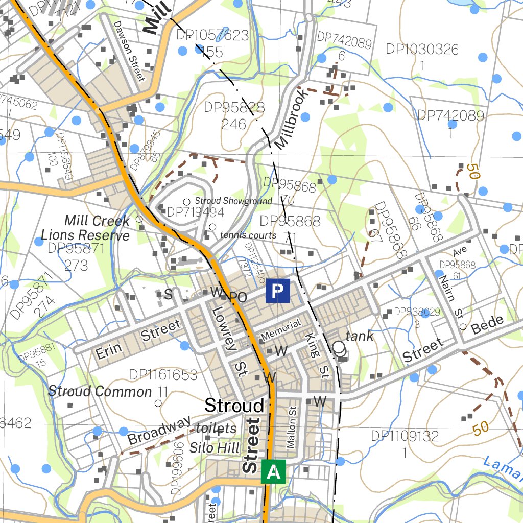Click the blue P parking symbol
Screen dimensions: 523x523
click(x=277, y=291)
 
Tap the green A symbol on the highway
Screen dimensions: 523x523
click(x=273, y=471)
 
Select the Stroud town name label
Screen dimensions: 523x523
click(x=234, y=406)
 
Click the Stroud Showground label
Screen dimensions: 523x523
click(x=233, y=201)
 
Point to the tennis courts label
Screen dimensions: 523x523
click(x=248, y=235)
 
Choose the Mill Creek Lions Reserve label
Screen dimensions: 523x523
click(x=86, y=228)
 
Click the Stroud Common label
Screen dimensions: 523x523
click(x=100, y=392)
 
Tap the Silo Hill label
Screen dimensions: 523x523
click(x=215, y=448)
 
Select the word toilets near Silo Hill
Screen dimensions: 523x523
click(x=216, y=429)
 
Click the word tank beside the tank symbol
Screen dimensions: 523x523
click(x=360, y=337)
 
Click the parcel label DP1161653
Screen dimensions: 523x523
click(x=163, y=375)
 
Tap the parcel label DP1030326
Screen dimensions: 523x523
click(x=422, y=50)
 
